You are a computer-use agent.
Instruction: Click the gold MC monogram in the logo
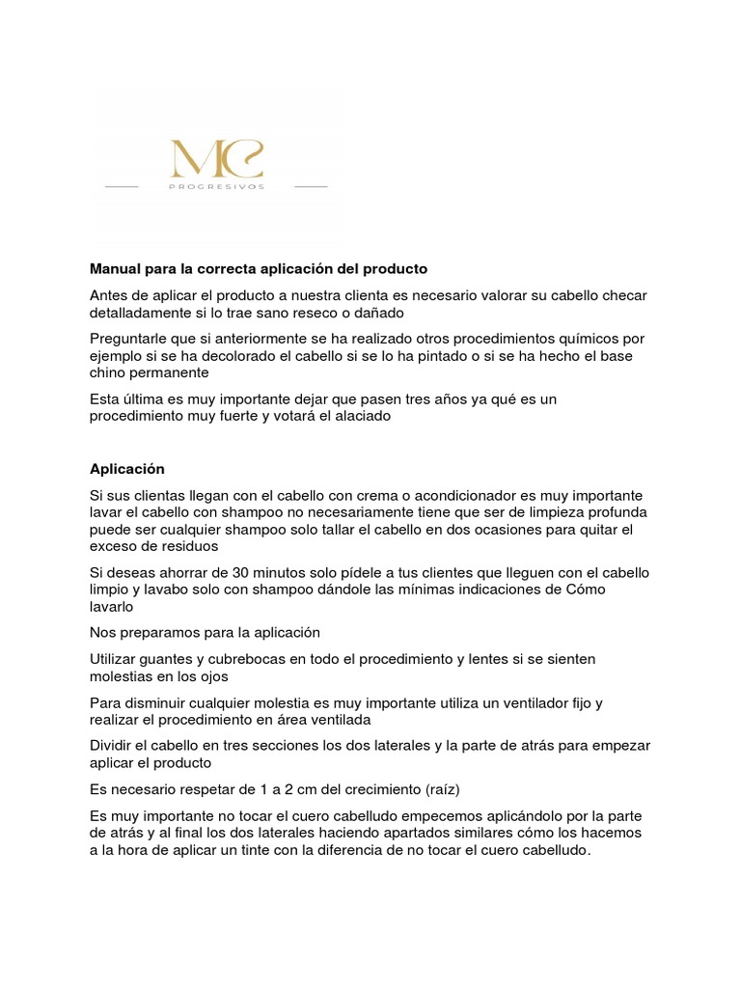(216, 158)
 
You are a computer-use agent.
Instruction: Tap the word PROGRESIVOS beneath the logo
(216, 186)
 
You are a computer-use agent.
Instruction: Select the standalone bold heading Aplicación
(127, 469)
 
